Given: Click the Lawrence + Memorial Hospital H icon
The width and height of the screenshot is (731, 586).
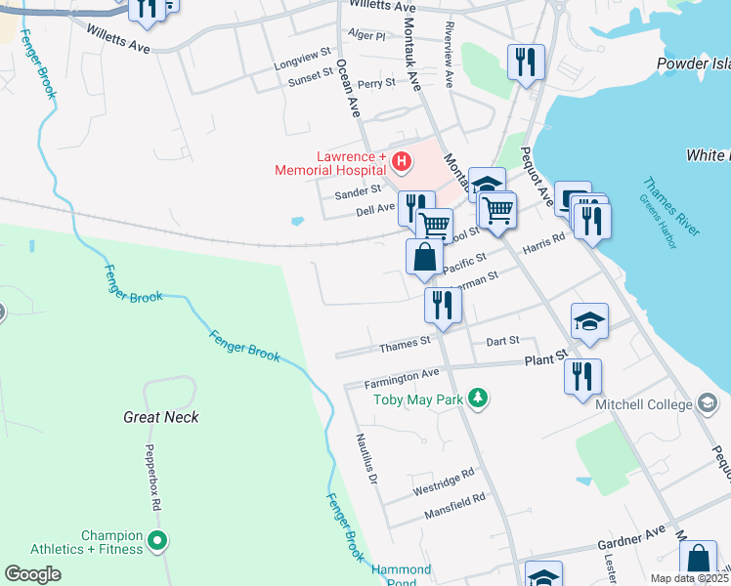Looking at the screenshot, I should [x=400, y=160].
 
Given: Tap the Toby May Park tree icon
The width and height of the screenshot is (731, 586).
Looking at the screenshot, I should [x=478, y=398].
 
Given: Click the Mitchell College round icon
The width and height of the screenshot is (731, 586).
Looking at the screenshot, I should [x=708, y=403].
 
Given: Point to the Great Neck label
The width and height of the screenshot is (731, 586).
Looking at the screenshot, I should [x=161, y=417].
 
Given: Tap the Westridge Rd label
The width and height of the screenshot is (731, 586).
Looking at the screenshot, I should [x=443, y=474].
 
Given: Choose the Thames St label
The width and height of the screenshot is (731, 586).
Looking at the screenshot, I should [x=405, y=344].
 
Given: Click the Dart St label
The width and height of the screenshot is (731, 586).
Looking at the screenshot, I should [x=501, y=341].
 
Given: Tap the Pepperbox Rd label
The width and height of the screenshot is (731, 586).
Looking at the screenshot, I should [x=152, y=481].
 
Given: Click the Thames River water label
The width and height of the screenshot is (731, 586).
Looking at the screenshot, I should [x=672, y=205].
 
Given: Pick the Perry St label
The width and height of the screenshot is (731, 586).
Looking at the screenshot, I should [x=376, y=84].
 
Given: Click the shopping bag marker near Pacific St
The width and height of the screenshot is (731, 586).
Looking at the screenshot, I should [x=424, y=258].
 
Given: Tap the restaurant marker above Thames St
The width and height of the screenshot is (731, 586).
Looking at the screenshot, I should [x=442, y=304].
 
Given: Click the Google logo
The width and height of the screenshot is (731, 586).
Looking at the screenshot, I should [x=32, y=574].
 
